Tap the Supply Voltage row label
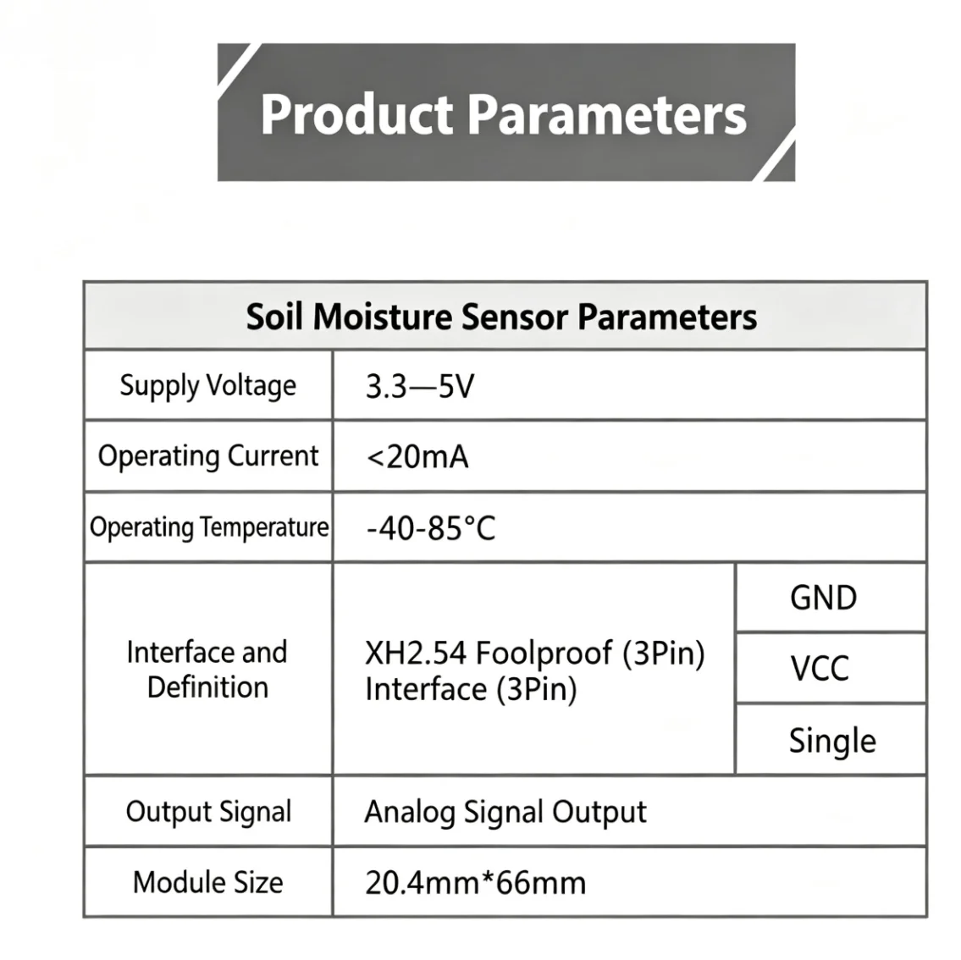point(207,386)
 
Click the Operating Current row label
point(207,456)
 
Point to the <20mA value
point(417,457)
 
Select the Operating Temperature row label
point(209,527)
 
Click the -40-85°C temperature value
point(431,528)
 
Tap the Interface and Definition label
point(207,670)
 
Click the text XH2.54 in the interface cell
point(416,653)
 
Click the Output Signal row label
point(208,813)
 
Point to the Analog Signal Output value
point(505,813)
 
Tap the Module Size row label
point(207,883)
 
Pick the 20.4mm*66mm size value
point(476,884)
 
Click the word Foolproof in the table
point(544,653)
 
